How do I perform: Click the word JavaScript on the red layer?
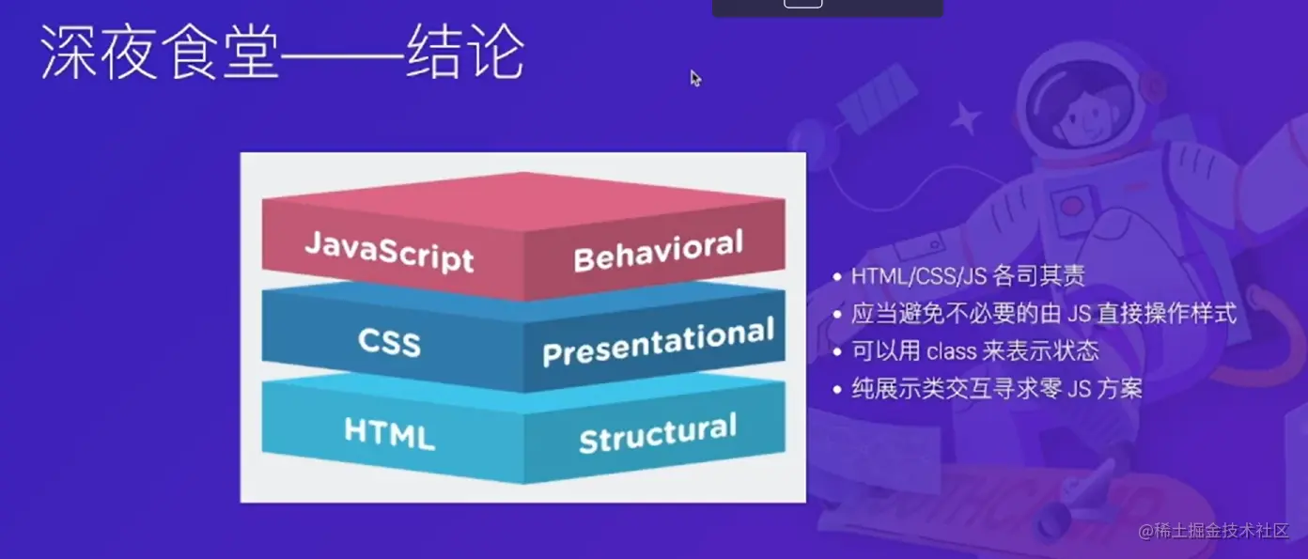pos(389,251)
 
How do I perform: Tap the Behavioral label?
pos(658,251)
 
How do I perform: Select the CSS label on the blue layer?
pos(389,341)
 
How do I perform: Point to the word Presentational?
pos(658,342)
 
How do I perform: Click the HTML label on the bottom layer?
pos(389,433)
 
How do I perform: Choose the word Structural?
pos(658,433)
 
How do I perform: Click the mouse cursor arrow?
pos(695,78)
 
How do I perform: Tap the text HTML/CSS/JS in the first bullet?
pos(919,276)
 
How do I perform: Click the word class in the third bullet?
pos(951,351)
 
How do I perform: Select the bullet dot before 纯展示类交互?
pos(837,390)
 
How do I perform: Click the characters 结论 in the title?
pos(465,52)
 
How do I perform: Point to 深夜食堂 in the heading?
pos(160,52)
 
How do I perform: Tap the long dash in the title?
pos(343,56)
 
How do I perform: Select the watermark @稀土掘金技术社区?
pos(1213,531)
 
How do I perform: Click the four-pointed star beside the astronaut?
pos(965,118)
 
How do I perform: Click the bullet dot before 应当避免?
pos(837,314)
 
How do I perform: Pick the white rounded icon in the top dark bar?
pos(802,4)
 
